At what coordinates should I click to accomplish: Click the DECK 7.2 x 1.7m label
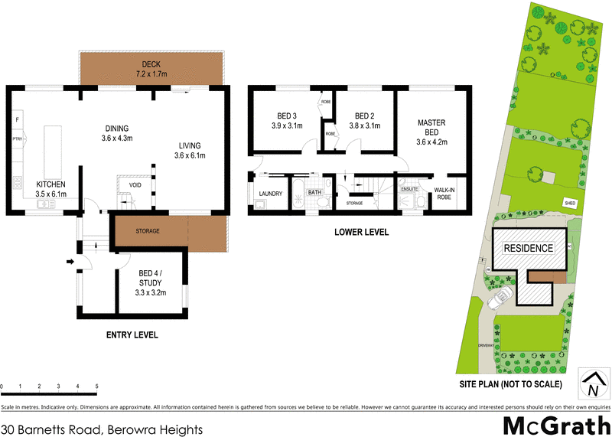point(151,69)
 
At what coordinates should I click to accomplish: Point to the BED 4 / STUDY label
point(151,282)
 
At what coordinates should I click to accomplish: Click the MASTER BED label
point(431,132)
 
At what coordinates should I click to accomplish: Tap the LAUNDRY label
point(271,194)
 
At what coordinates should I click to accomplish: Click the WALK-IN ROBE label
point(444,193)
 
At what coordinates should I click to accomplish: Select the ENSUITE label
point(409,188)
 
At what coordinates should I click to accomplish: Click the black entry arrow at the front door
point(70,263)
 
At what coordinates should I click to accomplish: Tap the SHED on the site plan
point(569,203)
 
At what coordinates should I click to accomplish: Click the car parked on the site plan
point(501,298)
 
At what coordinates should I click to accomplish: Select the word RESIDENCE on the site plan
point(527,249)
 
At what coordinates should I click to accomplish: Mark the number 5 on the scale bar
point(96,386)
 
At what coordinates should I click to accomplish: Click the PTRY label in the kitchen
point(16,139)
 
